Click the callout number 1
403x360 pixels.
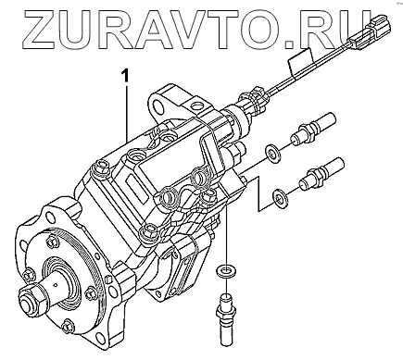click(125, 76)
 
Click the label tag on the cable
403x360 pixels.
click(300, 61)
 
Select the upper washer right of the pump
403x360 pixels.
click(272, 153)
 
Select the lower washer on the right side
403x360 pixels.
click(280, 196)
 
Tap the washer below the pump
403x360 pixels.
click(226, 270)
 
